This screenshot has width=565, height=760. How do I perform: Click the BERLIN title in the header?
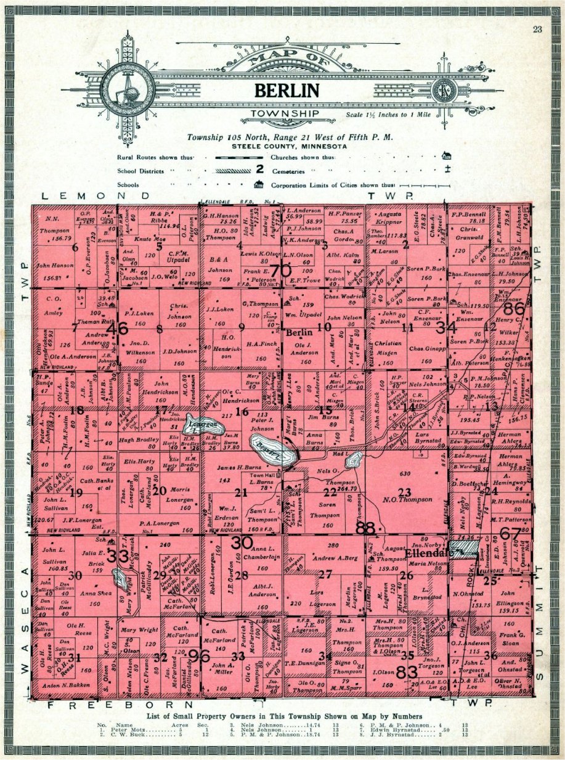287,91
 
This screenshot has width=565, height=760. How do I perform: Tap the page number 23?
538,29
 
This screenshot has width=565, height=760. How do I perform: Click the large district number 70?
280,269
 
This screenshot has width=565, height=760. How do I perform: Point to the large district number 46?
117,330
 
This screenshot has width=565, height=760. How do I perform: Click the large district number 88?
365,527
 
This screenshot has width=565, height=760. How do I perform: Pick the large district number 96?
199,656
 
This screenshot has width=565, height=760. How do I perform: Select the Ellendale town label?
426,554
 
